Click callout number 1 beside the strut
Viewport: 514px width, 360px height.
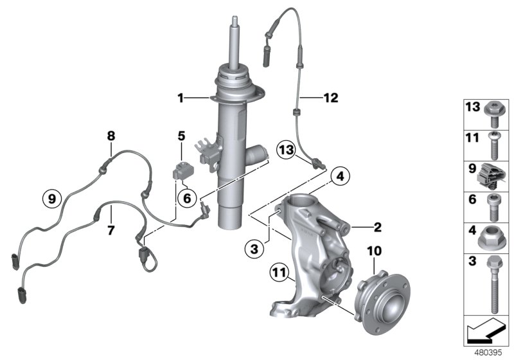coord(181,98)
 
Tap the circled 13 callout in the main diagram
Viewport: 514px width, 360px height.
coord(287,150)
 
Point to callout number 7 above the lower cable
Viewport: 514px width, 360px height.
coord(111,229)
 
